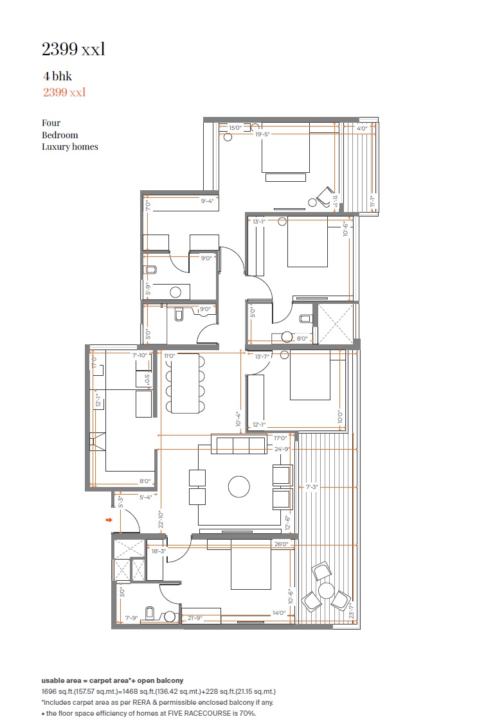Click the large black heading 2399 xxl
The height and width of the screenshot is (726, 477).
click(x=73, y=49)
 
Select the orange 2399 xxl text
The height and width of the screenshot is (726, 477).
click(x=64, y=92)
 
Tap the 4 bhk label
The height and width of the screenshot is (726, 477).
click(x=57, y=76)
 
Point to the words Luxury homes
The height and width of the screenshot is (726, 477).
click(x=70, y=146)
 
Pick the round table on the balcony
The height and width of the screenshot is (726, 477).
click(x=327, y=590)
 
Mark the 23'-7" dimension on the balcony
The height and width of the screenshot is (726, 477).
click(x=350, y=610)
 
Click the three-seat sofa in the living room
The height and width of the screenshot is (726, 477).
click(x=239, y=444)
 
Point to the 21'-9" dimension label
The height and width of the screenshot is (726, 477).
click(x=196, y=618)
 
